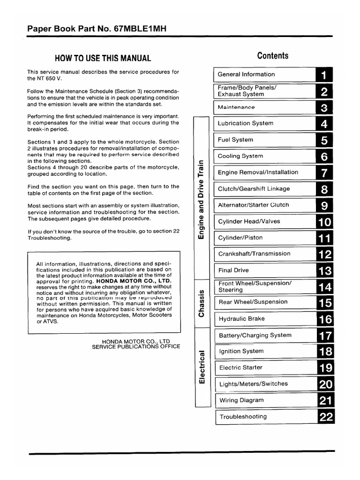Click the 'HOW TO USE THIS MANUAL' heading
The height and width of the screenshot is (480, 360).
[x=103, y=59]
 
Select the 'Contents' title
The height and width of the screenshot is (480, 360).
[x=273, y=56]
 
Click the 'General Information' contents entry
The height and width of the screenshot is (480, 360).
[x=246, y=74]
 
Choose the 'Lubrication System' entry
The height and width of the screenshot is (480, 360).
[x=245, y=123]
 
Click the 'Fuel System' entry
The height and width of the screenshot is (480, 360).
[x=235, y=140]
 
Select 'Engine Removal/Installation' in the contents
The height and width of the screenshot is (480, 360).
[x=258, y=172]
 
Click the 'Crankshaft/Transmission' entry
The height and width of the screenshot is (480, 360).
[x=254, y=254]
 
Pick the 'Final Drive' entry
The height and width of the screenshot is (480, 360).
[x=233, y=270]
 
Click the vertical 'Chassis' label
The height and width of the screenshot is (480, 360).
[x=202, y=303]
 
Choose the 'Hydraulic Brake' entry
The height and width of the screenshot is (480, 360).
[x=241, y=319]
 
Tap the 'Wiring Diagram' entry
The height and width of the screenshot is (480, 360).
[x=241, y=400]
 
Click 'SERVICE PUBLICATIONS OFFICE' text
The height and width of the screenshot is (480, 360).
[x=135, y=346]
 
